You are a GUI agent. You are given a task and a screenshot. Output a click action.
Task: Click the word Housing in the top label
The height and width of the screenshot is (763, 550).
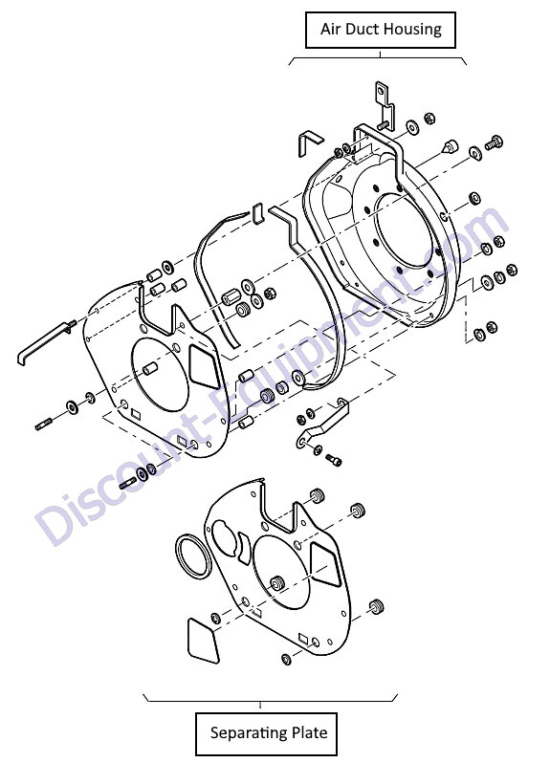(x=411, y=30)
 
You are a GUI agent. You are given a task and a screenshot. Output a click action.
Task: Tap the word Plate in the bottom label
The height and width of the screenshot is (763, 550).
(x=307, y=731)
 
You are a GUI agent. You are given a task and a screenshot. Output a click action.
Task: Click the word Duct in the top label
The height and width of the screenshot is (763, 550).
(x=362, y=29)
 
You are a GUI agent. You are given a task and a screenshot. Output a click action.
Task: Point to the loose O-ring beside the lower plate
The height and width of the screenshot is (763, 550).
(x=178, y=556)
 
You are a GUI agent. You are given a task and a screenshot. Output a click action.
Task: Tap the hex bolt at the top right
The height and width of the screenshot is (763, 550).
(x=494, y=143)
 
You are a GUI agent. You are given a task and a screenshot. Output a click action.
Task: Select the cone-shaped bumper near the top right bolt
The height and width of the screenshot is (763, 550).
(x=450, y=146)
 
